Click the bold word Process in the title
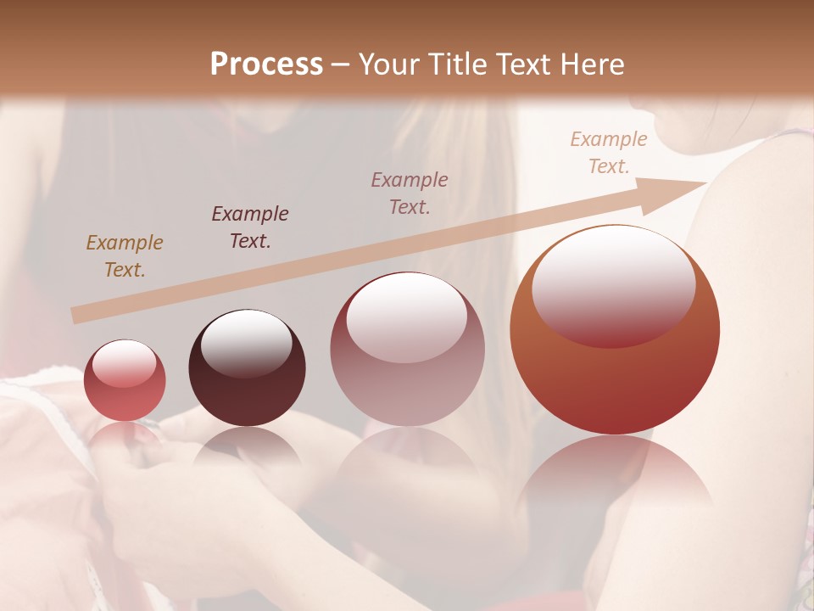coord(266,64)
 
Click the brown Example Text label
coord(125,256)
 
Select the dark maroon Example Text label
coord(250,227)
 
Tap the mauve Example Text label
coord(410,193)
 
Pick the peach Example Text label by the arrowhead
coord(609,153)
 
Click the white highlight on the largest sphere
coord(613,284)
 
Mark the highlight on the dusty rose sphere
coord(406,317)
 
